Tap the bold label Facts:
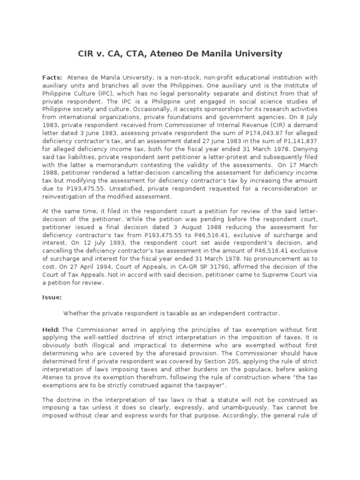[52, 77]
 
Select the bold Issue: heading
[52, 297]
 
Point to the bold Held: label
[51, 330]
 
